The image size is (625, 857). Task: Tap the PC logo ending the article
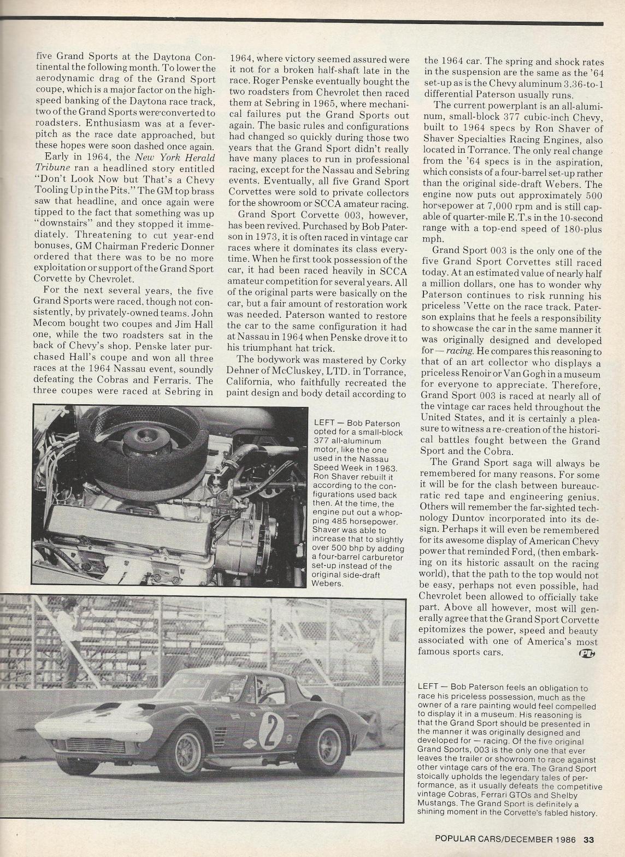(588, 652)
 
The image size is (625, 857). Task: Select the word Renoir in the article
(473, 375)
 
